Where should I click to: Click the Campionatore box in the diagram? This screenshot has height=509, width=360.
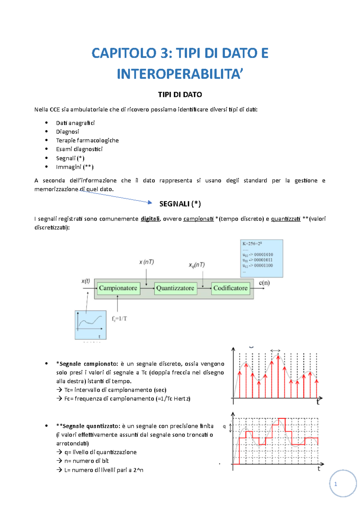tap(118, 288)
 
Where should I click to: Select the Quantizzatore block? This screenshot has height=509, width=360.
tap(175, 288)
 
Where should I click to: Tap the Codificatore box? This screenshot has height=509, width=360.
tap(230, 288)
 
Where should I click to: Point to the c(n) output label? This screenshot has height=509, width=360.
tap(264, 283)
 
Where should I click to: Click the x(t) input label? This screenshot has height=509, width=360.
tap(86, 281)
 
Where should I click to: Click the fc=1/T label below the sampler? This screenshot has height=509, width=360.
tap(119, 319)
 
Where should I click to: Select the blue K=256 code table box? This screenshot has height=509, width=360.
tap(262, 258)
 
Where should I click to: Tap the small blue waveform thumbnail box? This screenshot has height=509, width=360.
tap(90, 325)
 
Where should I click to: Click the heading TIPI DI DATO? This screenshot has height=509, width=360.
tap(180, 94)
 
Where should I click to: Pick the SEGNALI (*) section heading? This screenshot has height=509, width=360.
tap(180, 204)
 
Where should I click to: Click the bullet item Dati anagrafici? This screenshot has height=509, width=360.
tap(75, 123)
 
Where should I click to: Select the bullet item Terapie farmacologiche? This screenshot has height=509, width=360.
tap(87, 140)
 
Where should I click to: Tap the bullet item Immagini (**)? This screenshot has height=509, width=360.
tap(75, 167)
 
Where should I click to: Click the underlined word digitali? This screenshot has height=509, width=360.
tap(150, 219)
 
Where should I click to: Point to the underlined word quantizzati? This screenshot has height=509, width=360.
tap(286, 219)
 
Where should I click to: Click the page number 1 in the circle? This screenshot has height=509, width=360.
tap(335, 484)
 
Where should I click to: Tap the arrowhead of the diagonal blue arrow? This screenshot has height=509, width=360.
tap(150, 203)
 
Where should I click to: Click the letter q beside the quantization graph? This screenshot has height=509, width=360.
tap(224, 426)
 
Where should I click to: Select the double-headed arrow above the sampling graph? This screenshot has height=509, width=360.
tap(275, 350)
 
